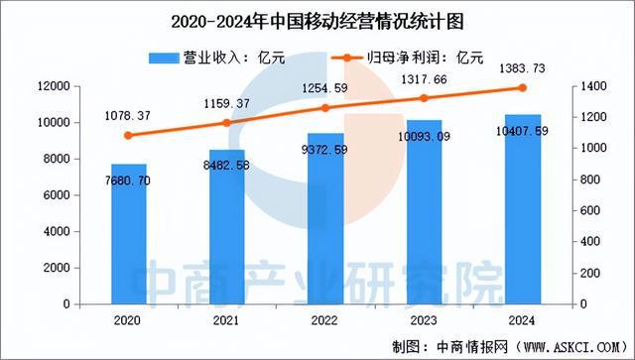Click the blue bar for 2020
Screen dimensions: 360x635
(128, 233)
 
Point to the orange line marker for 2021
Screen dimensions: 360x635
(226, 123)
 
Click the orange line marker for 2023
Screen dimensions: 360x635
(423, 98)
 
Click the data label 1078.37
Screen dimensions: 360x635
(129, 116)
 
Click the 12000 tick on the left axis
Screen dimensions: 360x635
(54, 87)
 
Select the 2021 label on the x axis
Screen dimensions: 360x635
(226, 319)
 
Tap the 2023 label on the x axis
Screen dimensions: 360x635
(423, 319)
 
